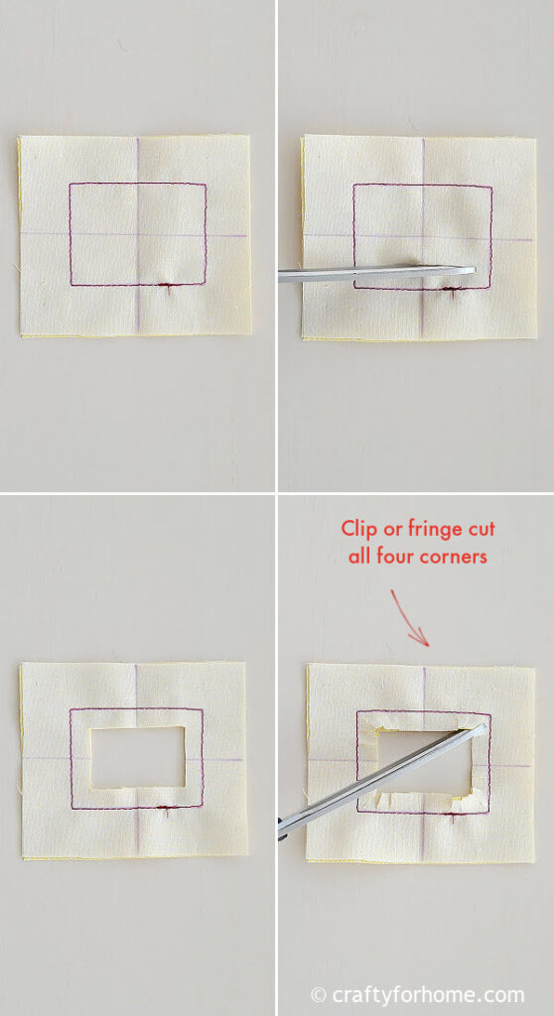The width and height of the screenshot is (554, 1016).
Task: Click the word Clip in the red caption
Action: tap(361, 530)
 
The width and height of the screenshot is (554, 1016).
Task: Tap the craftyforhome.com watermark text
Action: tap(428, 994)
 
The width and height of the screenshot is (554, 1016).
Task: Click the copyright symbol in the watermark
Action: tap(319, 994)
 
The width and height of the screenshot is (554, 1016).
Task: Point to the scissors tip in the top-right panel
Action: tap(475, 270)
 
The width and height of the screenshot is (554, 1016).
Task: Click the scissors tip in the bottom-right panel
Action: tap(483, 726)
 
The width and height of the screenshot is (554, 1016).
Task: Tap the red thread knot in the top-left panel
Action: tap(169, 287)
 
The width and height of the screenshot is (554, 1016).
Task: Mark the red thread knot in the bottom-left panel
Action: tap(166, 810)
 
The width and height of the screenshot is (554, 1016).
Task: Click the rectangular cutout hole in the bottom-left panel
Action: tap(138, 757)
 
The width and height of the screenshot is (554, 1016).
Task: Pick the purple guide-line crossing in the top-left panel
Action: tap(138, 234)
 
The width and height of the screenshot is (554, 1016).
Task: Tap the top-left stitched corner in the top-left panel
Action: tap(70, 184)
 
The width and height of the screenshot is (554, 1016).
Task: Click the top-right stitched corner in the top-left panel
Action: tap(206, 185)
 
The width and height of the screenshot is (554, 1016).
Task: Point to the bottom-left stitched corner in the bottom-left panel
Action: tap(70, 809)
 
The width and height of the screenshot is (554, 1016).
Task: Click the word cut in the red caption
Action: tap(481, 530)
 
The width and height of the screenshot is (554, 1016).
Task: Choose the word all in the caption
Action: tap(359, 556)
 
